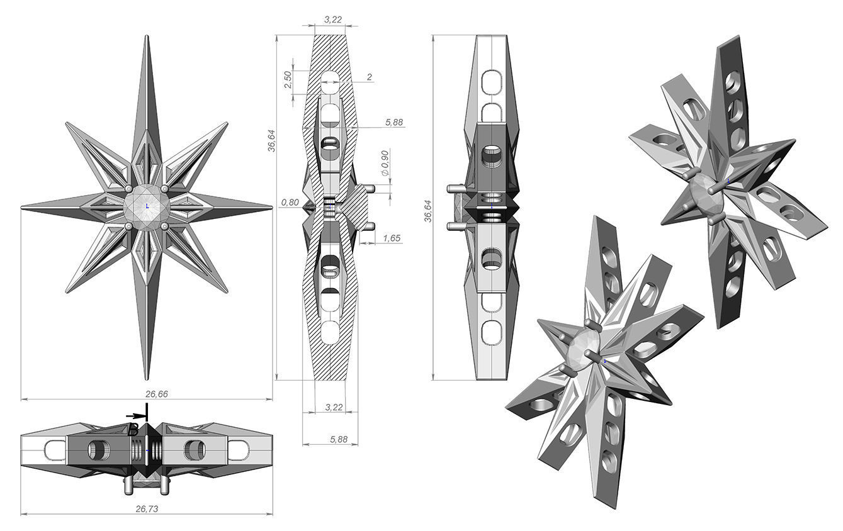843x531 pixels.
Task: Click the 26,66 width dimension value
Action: point(147,394)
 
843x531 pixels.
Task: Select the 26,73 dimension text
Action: point(147,509)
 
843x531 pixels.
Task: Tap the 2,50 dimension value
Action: point(287,79)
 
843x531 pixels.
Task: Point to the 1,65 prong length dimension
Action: point(391,238)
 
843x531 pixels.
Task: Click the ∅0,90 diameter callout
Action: point(385,163)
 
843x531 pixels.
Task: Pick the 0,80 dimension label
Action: point(290,203)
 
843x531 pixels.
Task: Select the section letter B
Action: point(133,430)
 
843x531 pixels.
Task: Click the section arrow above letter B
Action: point(135,416)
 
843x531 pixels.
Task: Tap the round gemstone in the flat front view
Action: point(147,206)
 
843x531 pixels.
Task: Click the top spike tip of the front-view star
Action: point(147,38)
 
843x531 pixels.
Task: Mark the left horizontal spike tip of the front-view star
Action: point(23,206)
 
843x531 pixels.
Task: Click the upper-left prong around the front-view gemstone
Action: point(128,189)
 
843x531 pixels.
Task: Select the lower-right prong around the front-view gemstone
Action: point(165,225)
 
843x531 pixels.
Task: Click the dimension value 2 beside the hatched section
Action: point(370,77)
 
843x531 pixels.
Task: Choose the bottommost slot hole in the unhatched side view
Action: point(490,331)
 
